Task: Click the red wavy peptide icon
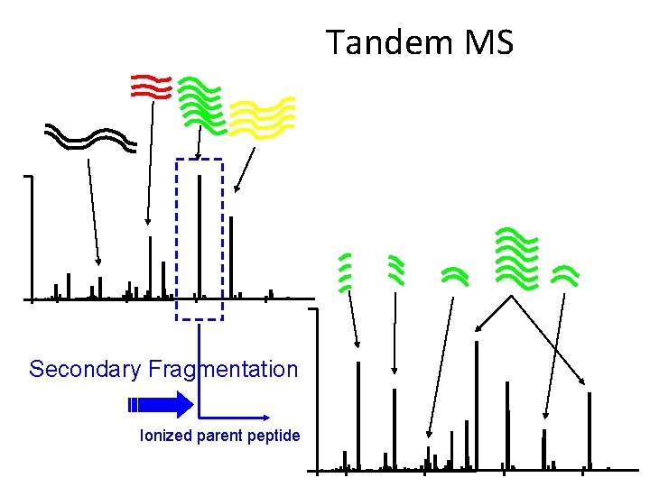point(150,86)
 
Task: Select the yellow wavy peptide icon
point(262,116)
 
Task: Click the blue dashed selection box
point(199,239)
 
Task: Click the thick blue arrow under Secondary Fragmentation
point(160,403)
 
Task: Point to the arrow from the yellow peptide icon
point(245,170)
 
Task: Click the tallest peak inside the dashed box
point(199,234)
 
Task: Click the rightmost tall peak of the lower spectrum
point(590,429)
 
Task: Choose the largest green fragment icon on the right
point(517,256)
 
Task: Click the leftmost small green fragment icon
point(344,271)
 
